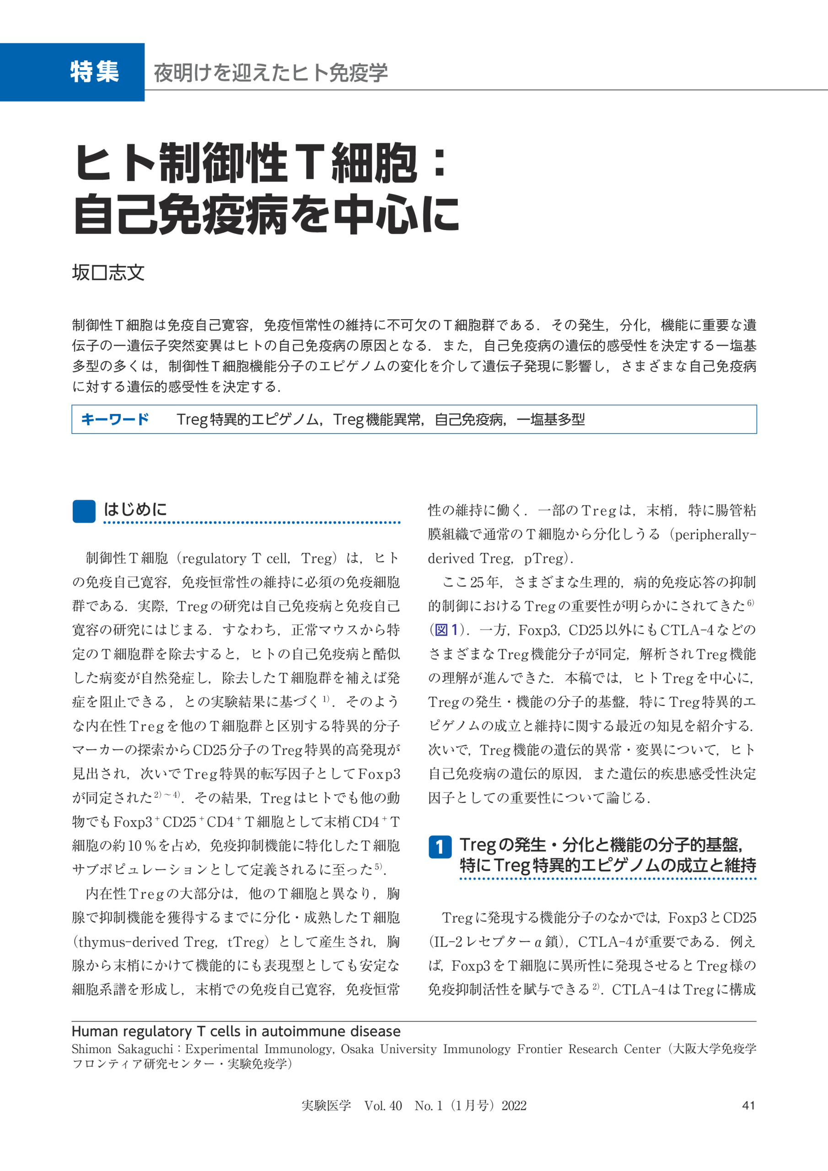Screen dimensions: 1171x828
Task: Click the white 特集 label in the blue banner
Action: [94, 72]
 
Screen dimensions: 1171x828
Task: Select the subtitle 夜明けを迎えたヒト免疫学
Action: [270, 73]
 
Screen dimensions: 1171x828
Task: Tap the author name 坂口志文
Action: [108, 273]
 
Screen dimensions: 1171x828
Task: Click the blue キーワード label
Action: [115, 419]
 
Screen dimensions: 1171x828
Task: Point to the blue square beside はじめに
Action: [84, 511]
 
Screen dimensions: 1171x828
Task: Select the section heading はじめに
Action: [135, 510]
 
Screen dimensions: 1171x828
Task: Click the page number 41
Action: [748, 1106]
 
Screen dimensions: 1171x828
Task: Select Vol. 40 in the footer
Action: [383, 1106]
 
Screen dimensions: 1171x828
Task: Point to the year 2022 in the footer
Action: [514, 1106]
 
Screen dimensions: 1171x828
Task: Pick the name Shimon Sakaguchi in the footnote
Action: [124, 1049]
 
